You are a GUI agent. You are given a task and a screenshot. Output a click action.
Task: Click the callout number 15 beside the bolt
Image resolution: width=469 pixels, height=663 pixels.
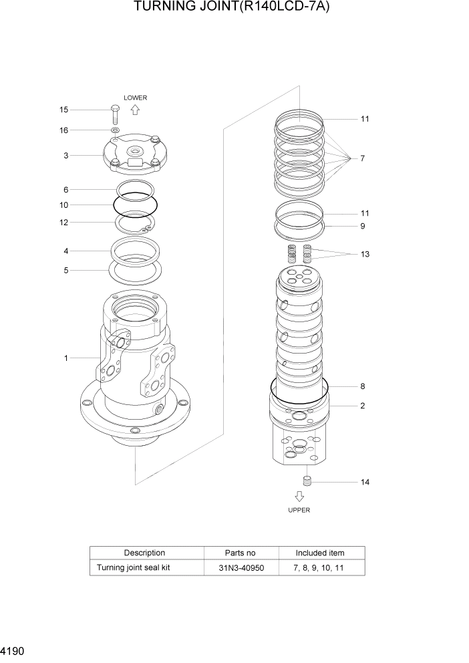[x=63, y=110]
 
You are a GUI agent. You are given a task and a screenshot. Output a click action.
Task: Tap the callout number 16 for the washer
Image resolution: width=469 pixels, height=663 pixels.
[x=63, y=130]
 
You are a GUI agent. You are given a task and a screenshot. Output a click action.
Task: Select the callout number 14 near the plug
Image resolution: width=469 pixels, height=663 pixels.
[x=365, y=482]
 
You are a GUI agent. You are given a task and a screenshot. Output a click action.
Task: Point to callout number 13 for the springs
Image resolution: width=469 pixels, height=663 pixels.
[x=365, y=254]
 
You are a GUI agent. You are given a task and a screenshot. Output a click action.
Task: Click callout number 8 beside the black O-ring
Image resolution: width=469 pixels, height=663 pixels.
[x=362, y=386]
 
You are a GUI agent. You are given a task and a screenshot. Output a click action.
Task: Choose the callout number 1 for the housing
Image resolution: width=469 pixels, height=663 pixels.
[x=66, y=358]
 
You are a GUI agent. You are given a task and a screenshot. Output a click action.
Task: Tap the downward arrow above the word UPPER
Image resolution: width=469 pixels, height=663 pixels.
[x=299, y=496]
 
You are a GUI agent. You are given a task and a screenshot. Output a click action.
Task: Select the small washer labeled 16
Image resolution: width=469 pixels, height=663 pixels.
[x=116, y=130]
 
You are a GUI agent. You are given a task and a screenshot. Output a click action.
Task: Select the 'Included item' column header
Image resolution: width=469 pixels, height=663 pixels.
[x=320, y=553]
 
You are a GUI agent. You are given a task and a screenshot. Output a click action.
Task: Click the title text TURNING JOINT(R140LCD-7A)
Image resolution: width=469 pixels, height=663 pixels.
[x=234, y=8]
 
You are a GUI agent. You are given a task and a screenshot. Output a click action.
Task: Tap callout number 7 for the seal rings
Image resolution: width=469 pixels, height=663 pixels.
[x=362, y=158]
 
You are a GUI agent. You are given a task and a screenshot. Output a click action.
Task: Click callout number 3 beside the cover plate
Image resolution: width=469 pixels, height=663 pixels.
[x=66, y=156]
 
